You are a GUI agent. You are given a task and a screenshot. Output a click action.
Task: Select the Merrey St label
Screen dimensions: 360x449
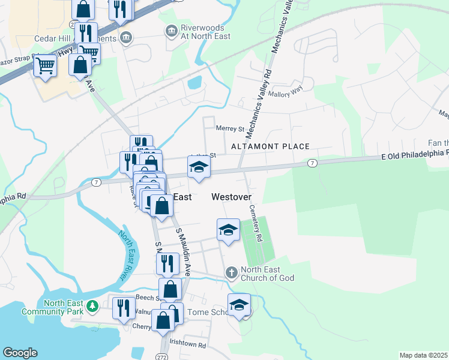pos(231,128)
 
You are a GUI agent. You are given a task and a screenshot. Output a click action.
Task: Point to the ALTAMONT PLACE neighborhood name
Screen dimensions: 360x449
pos(270,146)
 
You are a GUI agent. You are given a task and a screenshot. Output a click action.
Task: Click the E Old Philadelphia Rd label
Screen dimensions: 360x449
pos(415,156)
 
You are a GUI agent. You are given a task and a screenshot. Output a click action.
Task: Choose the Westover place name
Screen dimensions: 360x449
pos(231,197)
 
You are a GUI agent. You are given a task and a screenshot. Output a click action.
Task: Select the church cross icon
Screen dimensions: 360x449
pos(231,273)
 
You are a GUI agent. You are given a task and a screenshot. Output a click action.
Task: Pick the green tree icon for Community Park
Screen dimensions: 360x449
pos(92,307)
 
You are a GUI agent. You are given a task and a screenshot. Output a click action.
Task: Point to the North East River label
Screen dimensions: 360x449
pos(126,256)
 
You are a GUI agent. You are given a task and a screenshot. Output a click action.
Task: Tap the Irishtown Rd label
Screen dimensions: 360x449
pos(188,346)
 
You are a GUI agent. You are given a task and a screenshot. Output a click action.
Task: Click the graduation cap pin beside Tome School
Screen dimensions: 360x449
pos(239,306)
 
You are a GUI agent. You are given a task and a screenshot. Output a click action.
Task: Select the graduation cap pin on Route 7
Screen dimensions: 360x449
pos(199,167)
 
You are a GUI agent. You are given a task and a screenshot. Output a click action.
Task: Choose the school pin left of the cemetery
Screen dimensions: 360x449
pos(228,230)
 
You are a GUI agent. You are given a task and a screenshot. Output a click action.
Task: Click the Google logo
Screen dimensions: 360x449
pos(20,353)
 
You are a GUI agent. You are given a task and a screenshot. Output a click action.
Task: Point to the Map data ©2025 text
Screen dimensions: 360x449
pos(424,355)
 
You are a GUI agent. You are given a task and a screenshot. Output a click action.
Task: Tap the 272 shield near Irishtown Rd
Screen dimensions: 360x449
pos(164,348)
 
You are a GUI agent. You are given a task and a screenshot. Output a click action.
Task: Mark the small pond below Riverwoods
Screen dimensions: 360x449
pos(195,82)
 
